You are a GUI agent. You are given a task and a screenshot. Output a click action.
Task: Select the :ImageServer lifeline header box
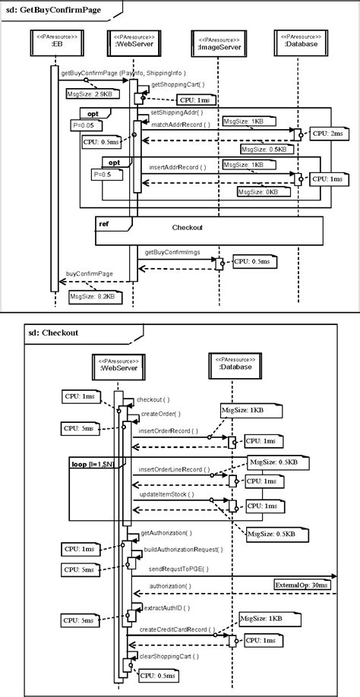pos(219,43)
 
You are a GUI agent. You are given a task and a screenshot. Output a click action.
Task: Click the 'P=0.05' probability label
pos(82,124)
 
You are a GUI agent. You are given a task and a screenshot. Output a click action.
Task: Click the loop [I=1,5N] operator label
pos(93,462)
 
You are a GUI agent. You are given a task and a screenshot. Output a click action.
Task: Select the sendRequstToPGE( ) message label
pos(178,568)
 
